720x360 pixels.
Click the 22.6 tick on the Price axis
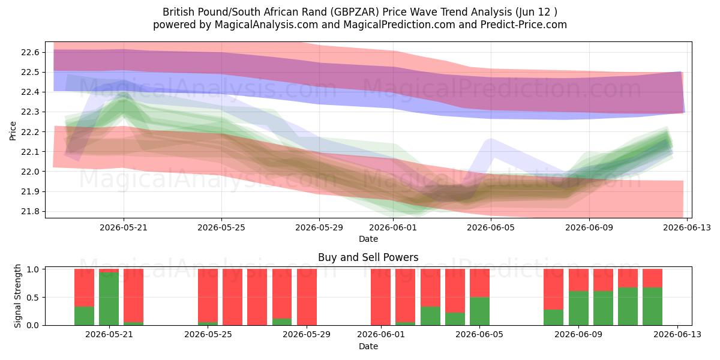[30, 52]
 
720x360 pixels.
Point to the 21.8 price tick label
[30, 211]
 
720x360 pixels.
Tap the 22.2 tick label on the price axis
[30, 132]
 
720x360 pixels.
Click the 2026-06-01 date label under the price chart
[393, 227]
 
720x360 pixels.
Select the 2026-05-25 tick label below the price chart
[221, 227]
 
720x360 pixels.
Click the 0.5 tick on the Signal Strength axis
[32, 298]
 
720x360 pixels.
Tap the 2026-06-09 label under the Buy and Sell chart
[578, 334]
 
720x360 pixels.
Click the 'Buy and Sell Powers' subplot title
[368, 257]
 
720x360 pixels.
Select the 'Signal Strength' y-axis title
[17, 296]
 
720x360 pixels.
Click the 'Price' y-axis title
[13, 131]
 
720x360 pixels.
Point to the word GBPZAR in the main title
[355, 12]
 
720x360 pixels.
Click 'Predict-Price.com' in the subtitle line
[524, 25]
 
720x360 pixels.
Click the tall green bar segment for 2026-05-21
[109, 299]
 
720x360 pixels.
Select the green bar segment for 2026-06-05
[479, 311]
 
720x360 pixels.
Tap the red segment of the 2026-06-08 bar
[553, 289]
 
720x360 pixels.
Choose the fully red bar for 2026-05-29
[307, 297]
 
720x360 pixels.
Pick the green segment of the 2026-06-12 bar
[653, 307]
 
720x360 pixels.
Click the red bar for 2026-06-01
[380, 297]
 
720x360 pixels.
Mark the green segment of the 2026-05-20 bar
[84, 316]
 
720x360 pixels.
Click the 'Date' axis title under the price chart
[368, 239]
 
